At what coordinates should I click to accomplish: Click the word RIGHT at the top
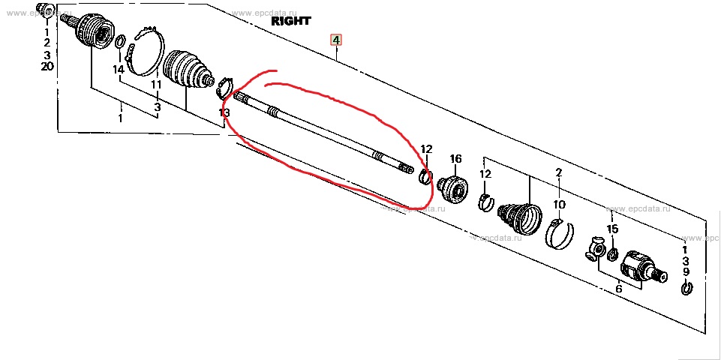[291, 22]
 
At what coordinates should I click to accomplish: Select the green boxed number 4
[336, 39]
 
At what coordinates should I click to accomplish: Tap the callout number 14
[118, 70]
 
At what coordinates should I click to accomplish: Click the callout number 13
[224, 112]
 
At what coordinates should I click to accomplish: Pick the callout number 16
[455, 159]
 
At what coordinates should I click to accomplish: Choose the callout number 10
[559, 203]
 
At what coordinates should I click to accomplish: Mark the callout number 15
[612, 229]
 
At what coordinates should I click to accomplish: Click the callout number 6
[618, 289]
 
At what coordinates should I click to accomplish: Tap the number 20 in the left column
[47, 67]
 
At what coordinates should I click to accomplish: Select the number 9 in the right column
[686, 271]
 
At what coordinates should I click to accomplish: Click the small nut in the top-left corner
[44, 10]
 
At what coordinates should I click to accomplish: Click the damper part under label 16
[452, 187]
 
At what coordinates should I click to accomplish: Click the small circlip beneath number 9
[686, 288]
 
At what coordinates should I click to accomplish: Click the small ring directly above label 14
[119, 40]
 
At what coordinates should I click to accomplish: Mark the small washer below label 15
[613, 256]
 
